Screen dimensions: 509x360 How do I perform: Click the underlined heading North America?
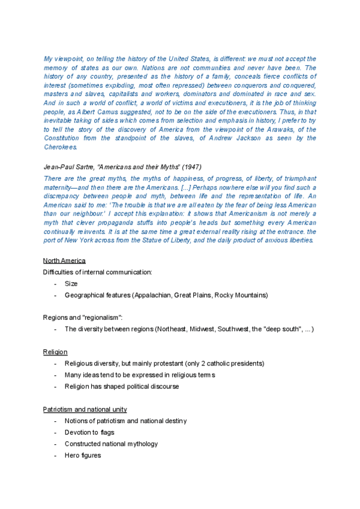point(64,261)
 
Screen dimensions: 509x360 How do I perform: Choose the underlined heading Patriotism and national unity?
point(85,409)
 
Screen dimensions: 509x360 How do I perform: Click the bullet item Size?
point(71,283)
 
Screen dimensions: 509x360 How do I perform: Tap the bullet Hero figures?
point(83,456)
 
